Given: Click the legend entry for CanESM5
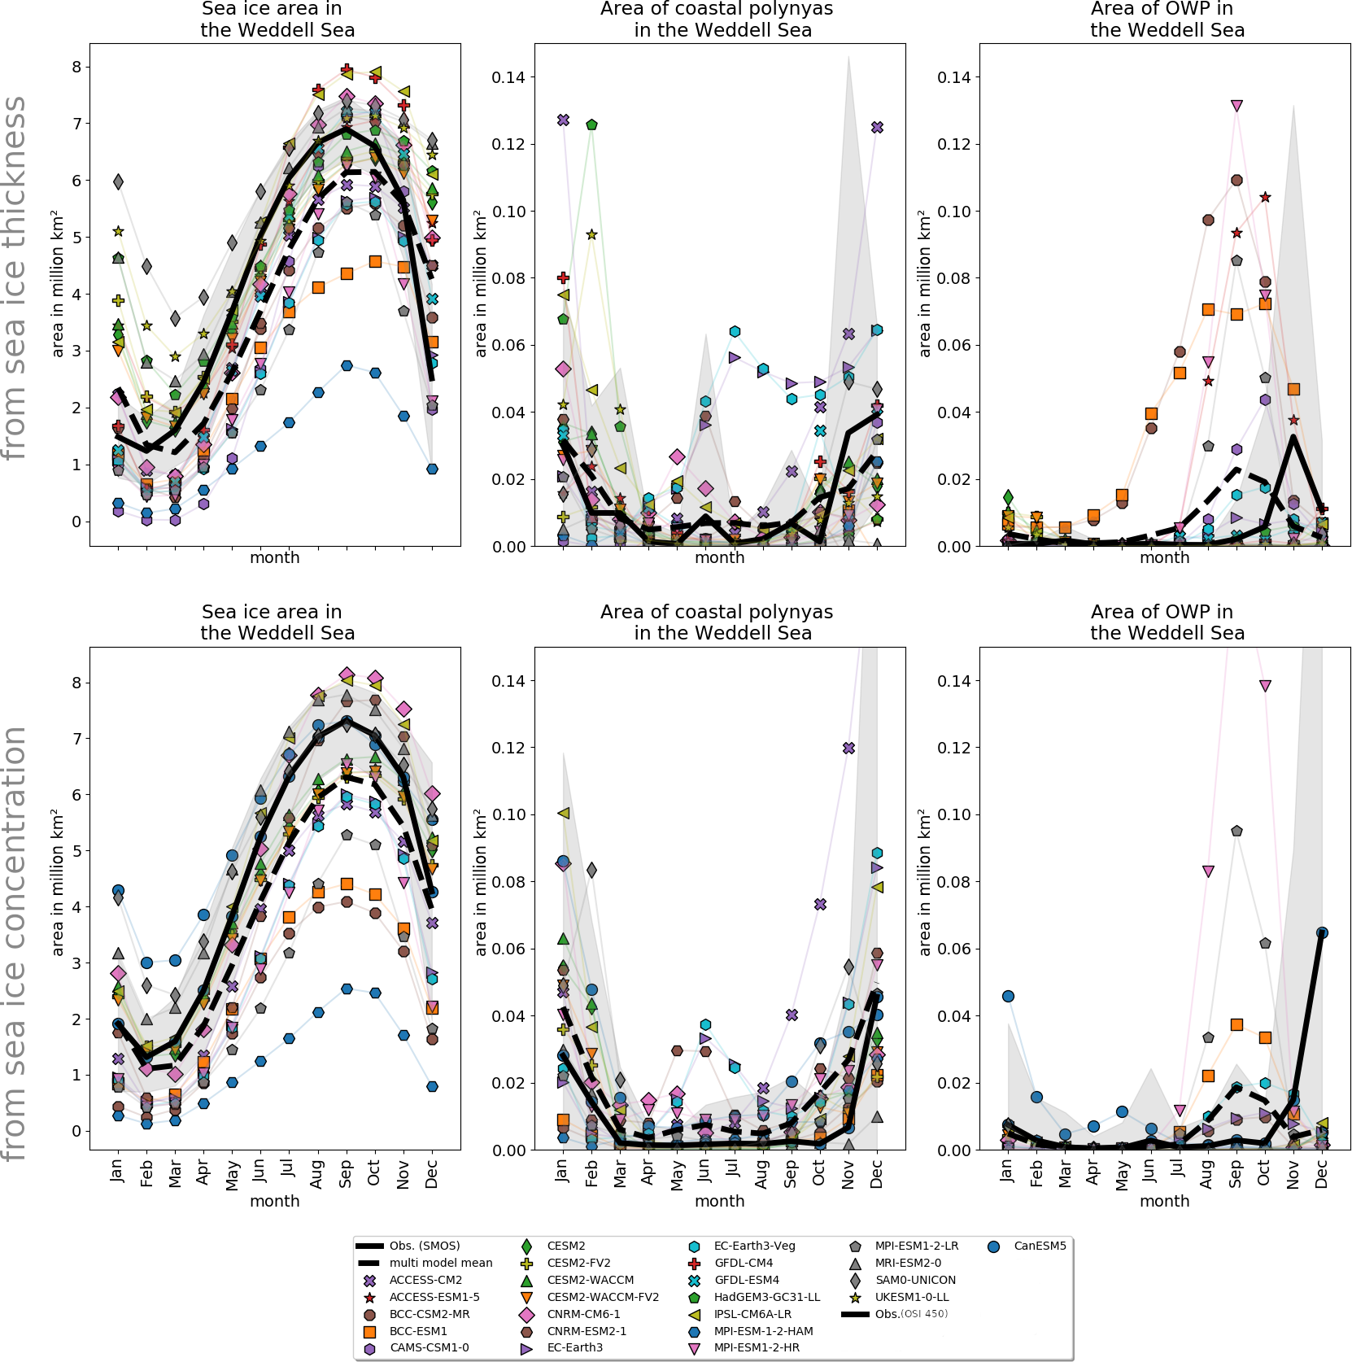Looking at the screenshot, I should tap(1039, 1246).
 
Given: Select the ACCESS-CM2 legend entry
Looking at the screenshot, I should tap(425, 1280).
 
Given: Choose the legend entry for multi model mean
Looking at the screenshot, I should tap(440, 1263).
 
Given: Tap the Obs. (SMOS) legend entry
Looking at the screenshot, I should tap(424, 1246).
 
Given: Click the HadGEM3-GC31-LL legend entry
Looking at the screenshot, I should tap(766, 1297).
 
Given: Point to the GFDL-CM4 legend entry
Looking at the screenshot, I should tap(743, 1263).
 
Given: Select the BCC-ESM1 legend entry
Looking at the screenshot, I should tap(418, 1331).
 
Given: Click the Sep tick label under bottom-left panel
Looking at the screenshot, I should tap(346, 1174).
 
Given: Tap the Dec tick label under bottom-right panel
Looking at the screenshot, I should tap(1321, 1174).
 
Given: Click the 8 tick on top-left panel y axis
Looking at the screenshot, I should tap(76, 67).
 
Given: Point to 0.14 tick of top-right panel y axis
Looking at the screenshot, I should tap(953, 77).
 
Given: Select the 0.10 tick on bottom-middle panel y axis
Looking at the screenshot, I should tap(508, 814).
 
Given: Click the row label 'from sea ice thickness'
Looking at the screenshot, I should tap(15, 278).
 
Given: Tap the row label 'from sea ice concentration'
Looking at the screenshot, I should tap(15, 944).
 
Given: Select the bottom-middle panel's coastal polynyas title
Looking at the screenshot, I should tap(717, 622).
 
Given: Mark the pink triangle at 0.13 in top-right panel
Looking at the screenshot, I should tap(1236, 106).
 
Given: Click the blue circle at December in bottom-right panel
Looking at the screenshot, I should tap(1322, 932).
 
